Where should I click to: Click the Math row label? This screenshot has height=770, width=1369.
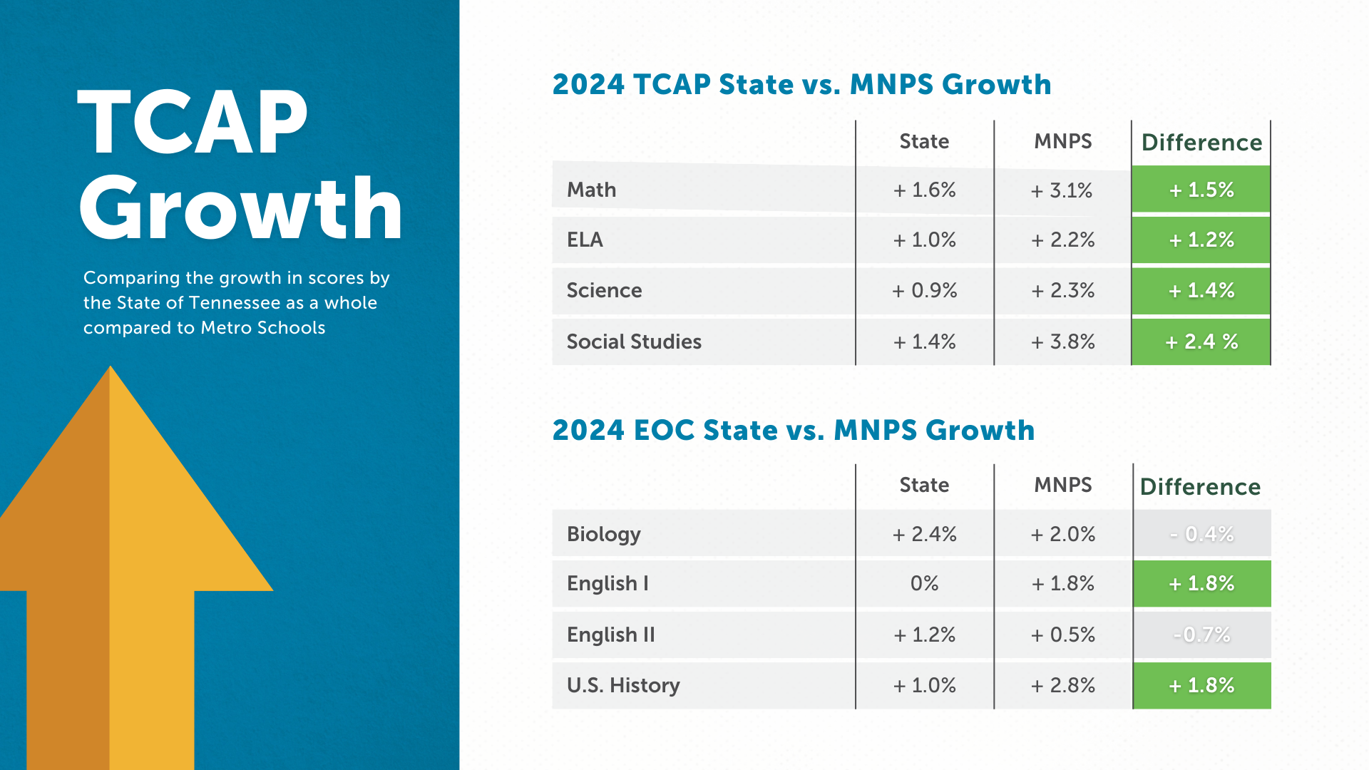coord(591,190)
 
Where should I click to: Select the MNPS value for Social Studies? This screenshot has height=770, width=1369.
coord(1062,342)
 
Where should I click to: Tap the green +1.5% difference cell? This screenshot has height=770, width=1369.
coord(1201,190)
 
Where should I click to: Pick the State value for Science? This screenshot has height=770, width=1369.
coord(924,290)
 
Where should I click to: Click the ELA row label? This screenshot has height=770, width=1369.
coord(585,240)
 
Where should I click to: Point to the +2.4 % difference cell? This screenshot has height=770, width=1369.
coord(1201,342)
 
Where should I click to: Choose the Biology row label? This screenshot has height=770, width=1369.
coord(603,534)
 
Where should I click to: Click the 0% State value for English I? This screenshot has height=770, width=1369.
coord(924,583)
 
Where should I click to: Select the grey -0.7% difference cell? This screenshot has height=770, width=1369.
coord(1201,635)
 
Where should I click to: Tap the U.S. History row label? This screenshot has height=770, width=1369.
coord(623,685)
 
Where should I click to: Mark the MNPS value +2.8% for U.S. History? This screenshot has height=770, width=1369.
coord(1062,685)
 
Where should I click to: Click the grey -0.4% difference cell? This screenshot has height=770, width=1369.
coord(1201,534)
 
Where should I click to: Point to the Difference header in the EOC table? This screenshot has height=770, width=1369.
coord(1200,486)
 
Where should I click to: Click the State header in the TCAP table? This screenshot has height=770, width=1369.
coord(924,141)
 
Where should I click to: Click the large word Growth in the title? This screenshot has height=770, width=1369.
coord(241,208)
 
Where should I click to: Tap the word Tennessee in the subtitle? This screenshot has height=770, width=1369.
coord(233,303)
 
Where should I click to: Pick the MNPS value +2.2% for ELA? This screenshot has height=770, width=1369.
coord(1062,240)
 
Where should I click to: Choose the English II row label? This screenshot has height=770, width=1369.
coord(610,635)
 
